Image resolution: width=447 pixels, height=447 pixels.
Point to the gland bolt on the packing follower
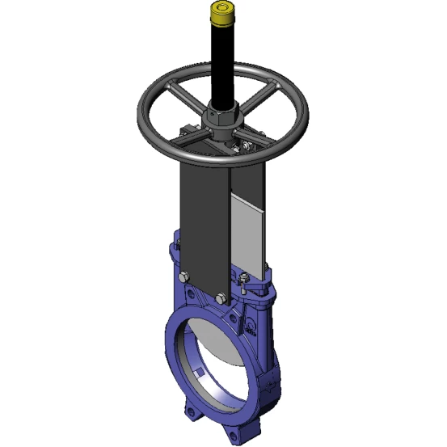243,278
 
